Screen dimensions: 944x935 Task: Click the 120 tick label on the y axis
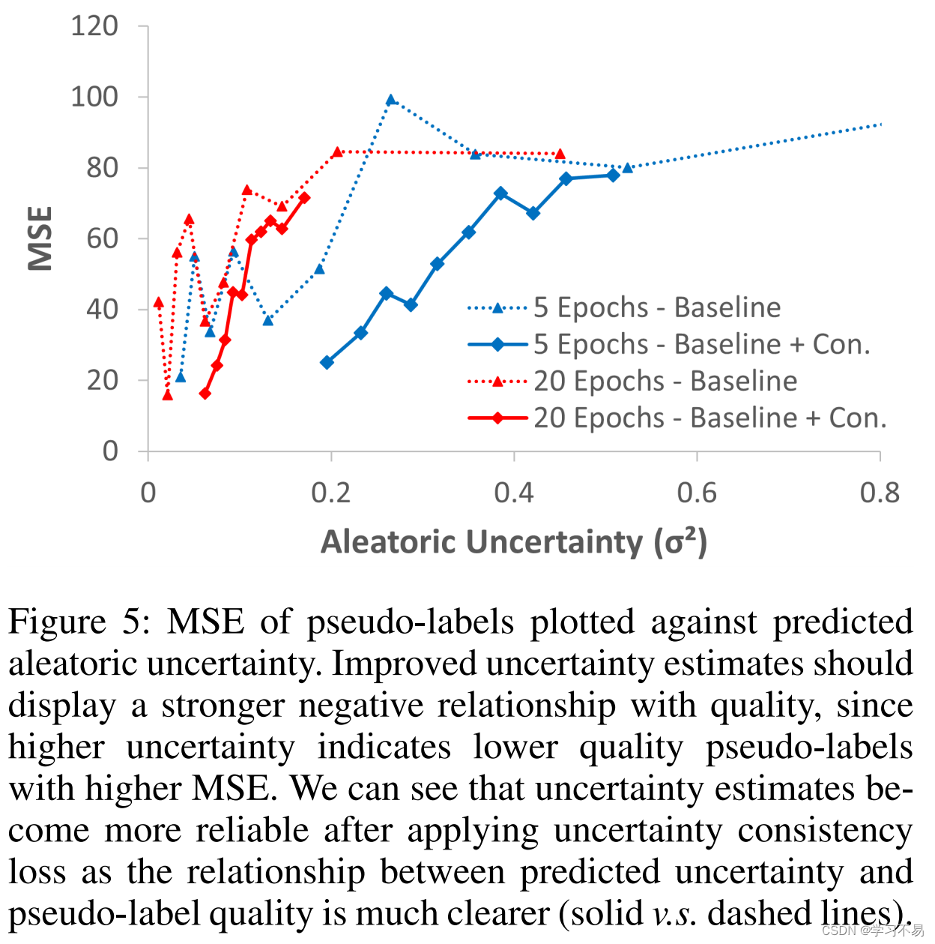click(94, 26)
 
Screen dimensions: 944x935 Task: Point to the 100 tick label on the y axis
click(94, 97)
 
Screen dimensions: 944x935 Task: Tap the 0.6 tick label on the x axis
click(696, 493)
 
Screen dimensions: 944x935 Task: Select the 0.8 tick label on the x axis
click(880, 493)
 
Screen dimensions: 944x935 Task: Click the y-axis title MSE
click(40, 238)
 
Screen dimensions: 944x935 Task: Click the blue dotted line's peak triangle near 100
click(390, 100)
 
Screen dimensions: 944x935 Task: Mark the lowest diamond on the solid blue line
click(327, 362)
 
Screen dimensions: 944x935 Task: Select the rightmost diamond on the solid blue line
click(613, 175)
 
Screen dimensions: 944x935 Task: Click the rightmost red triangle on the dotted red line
click(560, 154)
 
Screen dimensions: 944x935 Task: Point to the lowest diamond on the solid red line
click(205, 394)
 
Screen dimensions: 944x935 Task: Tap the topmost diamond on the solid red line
click(303, 198)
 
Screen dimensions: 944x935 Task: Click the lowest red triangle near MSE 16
click(167, 395)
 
